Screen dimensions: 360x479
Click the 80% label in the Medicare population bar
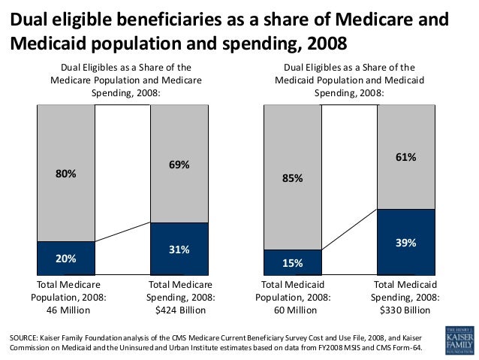66,174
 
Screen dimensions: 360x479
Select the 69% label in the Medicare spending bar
179,164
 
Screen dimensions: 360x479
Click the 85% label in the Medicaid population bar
293,179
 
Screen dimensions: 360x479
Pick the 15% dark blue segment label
293,263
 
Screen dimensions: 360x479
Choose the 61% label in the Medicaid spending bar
405,157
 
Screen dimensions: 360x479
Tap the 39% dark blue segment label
405,243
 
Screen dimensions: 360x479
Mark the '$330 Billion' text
406,310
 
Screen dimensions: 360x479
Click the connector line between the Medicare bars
122,232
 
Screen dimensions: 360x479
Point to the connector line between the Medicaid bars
349,229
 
